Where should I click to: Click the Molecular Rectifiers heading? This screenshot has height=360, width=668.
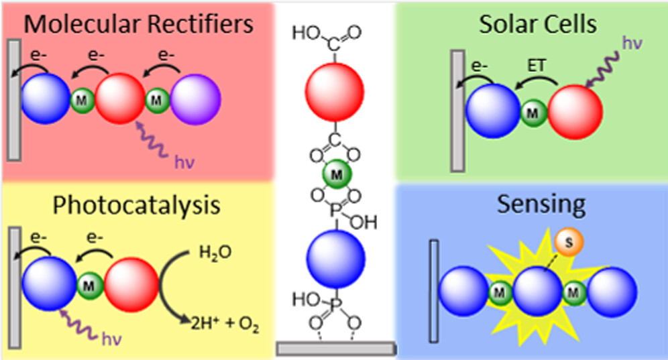138,24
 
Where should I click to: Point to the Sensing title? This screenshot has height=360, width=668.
532,204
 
